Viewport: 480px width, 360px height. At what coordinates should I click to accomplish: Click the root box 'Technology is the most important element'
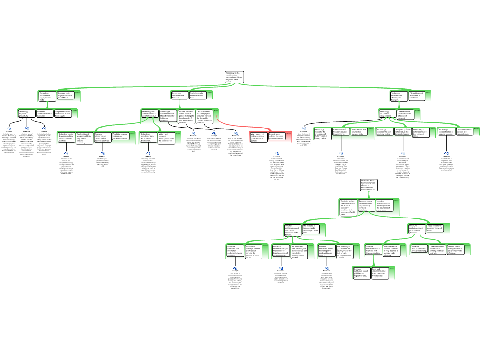(x=234, y=77)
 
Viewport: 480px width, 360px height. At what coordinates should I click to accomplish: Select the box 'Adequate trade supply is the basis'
(x=65, y=96)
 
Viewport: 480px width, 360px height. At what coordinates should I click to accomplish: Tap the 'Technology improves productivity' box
(x=26, y=113)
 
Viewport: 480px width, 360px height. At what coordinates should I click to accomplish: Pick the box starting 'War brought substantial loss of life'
(x=168, y=116)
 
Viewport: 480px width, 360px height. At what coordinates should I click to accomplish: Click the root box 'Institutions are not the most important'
(x=368, y=184)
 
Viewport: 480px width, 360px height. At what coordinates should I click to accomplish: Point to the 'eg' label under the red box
(x=277, y=153)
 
